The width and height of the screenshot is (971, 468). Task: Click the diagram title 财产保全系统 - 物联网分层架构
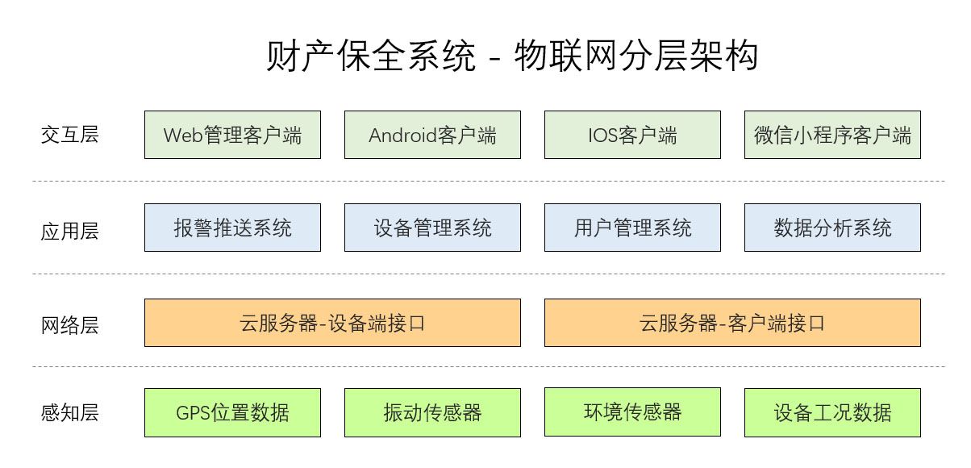(512, 56)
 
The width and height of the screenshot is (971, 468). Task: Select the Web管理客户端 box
(233, 135)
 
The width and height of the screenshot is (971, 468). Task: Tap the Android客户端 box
(432, 135)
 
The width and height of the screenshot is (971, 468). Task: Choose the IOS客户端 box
(632, 135)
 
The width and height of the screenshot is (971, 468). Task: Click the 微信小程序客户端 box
(833, 135)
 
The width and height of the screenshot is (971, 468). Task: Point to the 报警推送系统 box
(233, 228)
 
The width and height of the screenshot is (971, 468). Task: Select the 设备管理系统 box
(432, 228)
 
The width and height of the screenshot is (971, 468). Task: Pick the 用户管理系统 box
(632, 228)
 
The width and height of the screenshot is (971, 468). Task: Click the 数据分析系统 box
(833, 228)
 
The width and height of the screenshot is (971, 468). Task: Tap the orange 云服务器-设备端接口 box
(332, 323)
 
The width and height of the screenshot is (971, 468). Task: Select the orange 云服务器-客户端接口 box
(732, 323)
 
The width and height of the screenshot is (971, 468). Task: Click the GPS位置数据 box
(233, 412)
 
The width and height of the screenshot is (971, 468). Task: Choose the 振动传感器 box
(432, 412)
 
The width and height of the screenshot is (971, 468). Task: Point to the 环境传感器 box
(632, 412)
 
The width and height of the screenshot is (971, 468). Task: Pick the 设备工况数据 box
(833, 412)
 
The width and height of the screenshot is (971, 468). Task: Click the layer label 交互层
(70, 135)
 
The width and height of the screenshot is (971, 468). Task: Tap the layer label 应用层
(70, 231)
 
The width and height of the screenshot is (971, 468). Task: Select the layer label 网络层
(70, 325)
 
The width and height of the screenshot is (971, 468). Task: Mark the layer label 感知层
(70, 412)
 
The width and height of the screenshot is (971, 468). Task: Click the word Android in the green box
(402, 136)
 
